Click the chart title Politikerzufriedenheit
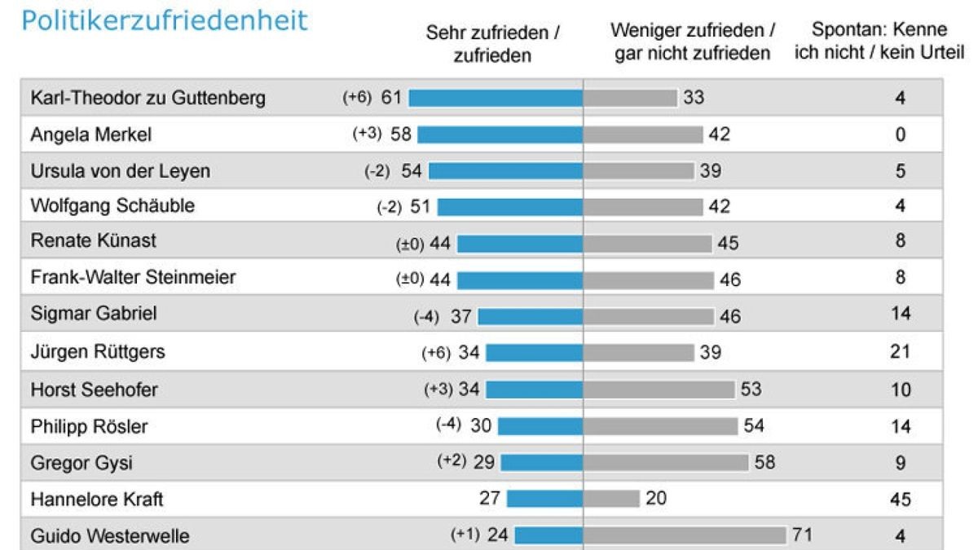[x=165, y=20]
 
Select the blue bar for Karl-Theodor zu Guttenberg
[x=496, y=98]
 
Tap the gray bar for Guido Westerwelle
[x=685, y=535]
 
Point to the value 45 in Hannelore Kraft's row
[x=900, y=499]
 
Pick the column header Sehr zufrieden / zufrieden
[x=492, y=43]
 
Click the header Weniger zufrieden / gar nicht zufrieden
[x=693, y=42]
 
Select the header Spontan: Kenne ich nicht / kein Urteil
[x=879, y=42]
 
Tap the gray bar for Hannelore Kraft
[x=612, y=498]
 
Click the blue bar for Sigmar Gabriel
[x=531, y=316]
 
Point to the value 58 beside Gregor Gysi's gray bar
[x=764, y=463]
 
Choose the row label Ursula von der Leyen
[x=120, y=171]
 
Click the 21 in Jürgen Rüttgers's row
[x=900, y=352]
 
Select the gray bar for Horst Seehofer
[x=659, y=389]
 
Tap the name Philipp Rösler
[x=89, y=426]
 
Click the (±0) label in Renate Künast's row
[x=410, y=242]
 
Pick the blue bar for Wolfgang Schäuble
[x=510, y=207]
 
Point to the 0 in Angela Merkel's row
[x=900, y=134]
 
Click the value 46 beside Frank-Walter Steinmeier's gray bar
[x=730, y=279]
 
